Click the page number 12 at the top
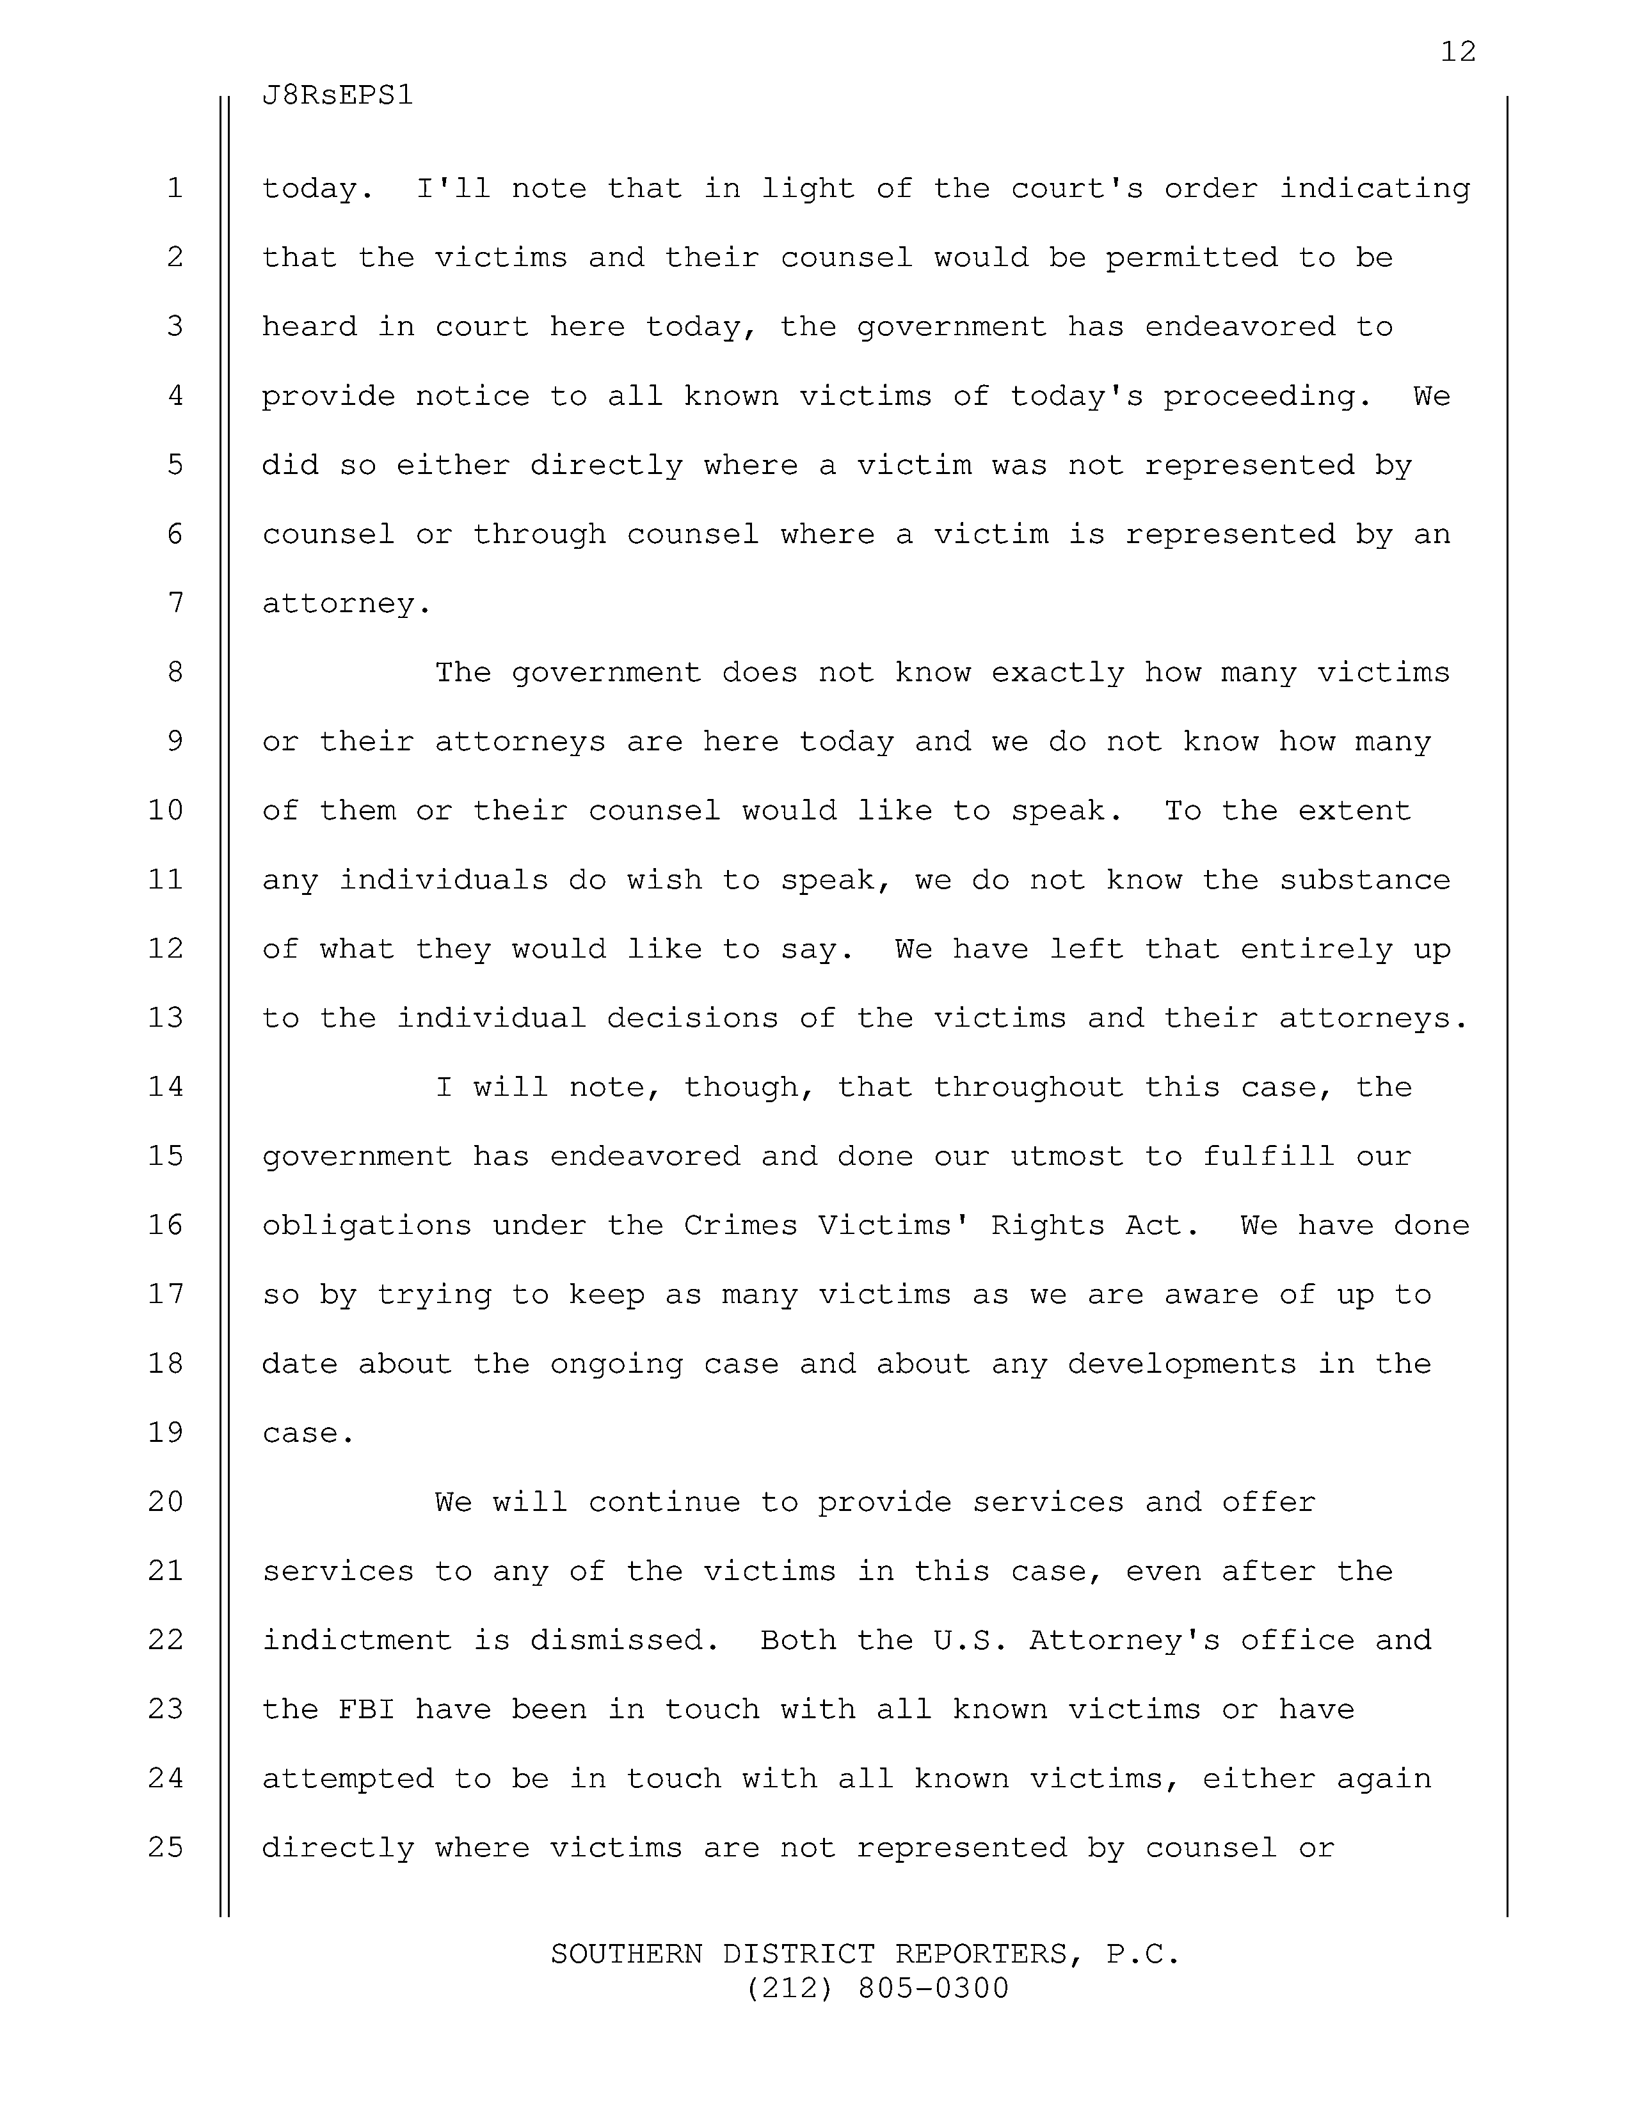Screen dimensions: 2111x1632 click(1458, 51)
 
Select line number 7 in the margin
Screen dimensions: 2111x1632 click(175, 603)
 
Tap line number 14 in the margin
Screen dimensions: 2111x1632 click(166, 1087)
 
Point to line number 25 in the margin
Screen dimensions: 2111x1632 click(166, 1848)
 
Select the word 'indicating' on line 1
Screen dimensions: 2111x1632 click(1374, 189)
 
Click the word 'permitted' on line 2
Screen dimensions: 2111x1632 click(1191, 258)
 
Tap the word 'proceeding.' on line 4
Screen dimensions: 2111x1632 click(1267, 397)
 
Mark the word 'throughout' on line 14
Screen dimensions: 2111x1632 click(1028, 1088)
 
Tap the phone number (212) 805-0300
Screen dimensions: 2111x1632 click(877, 1988)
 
